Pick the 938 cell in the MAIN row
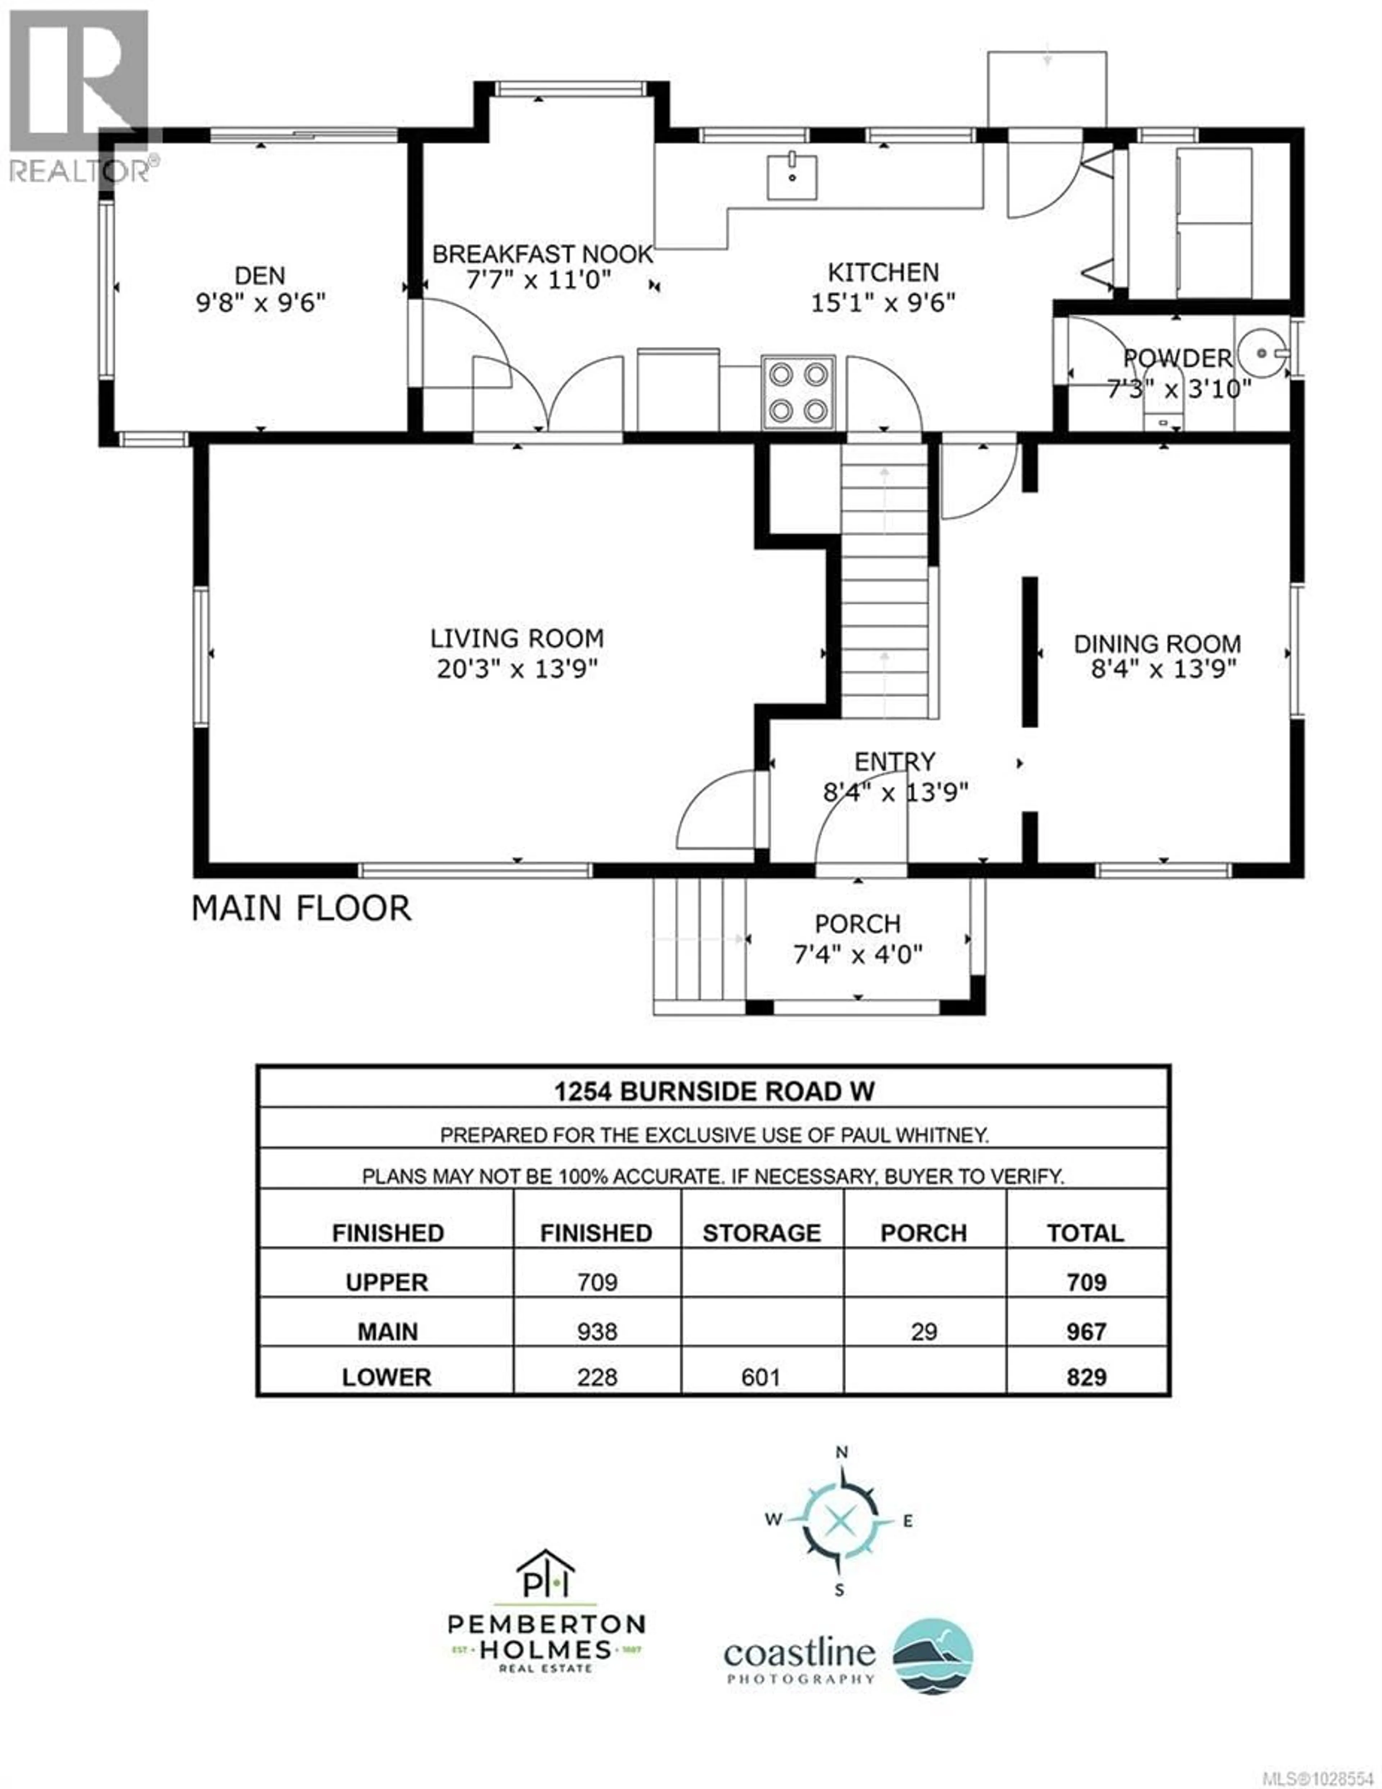click(x=596, y=1331)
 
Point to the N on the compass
click(x=840, y=1453)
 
